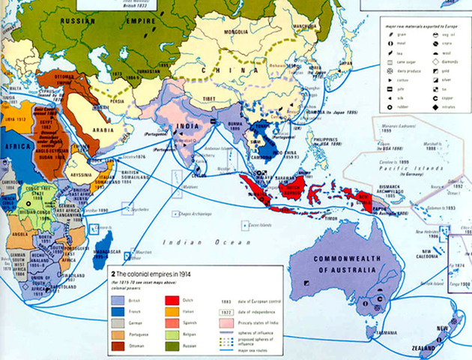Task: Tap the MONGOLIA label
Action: click(x=225, y=33)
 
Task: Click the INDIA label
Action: click(x=187, y=127)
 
